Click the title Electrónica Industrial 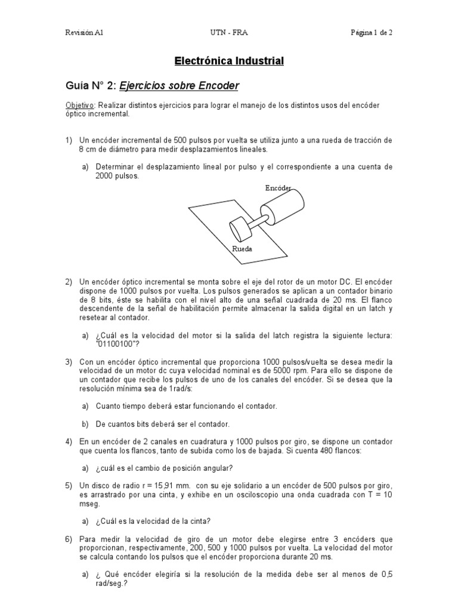coord(229,61)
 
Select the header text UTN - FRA coord(229,33)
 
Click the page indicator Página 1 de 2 coord(371,33)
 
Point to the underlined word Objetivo coord(80,105)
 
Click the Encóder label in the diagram coord(278,189)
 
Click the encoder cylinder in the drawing coord(284,208)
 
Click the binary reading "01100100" coord(117,345)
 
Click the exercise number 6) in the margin coord(69,539)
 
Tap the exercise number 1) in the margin coord(69,140)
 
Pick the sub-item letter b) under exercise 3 coord(86,424)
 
